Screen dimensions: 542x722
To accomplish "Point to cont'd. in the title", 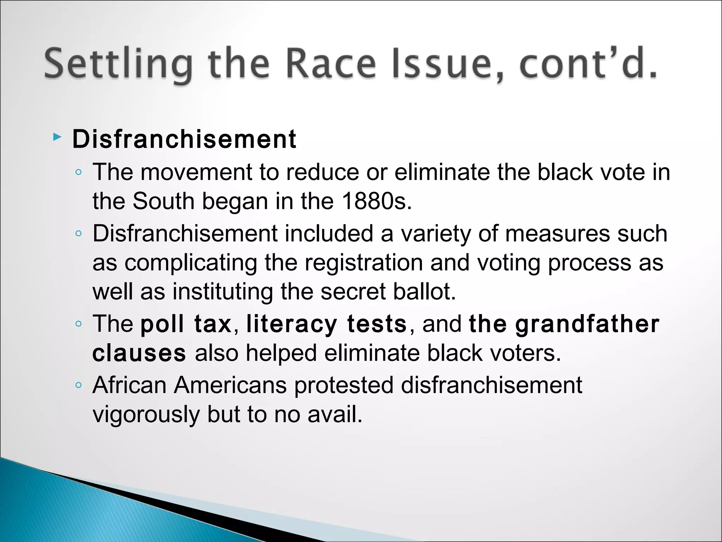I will pos(588,64).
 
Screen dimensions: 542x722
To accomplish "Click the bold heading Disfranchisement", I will pos(184,139).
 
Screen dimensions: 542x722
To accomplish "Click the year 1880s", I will pos(376,201).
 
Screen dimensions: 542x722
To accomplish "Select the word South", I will pos(164,201).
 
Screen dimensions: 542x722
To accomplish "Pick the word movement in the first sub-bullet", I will pos(197,172).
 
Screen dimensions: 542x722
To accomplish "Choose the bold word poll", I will pos(162,324).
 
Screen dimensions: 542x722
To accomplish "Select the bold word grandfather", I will pos(587,324).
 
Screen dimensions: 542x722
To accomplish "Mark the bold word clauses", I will pos(139,353).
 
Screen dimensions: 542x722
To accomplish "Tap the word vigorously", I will pos(146,414).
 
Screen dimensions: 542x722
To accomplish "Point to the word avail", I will pos(335,414).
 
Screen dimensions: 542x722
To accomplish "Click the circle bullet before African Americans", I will pos(79,385).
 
